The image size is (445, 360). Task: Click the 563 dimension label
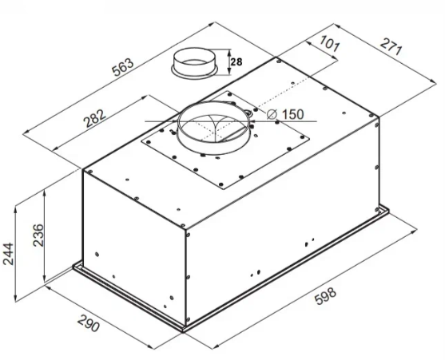click(x=123, y=68)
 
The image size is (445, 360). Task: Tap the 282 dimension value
click(x=94, y=118)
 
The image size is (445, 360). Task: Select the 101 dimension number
click(x=329, y=44)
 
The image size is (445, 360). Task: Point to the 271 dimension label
click(x=391, y=47)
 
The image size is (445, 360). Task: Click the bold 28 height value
click(x=236, y=61)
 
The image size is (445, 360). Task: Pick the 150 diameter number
click(x=293, y=114)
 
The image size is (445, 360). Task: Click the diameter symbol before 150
click(x=272, y=114)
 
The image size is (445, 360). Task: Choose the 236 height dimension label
click(x=38, y=235)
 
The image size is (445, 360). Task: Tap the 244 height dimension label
click(x=8, y=254)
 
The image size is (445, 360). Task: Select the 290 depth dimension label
click(x=89, y=322)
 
